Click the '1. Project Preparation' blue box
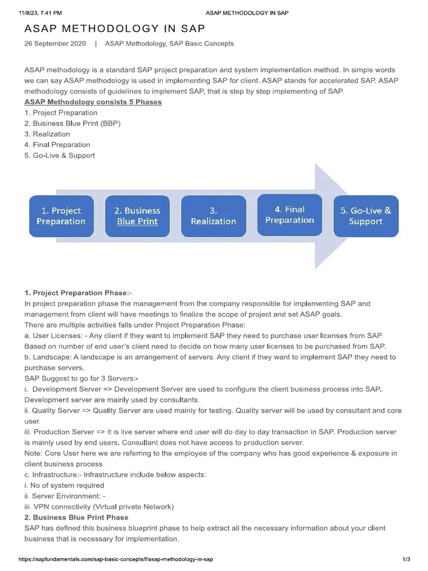[61, 216]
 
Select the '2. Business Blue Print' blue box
[137, 216]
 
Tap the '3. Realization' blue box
[213, 216]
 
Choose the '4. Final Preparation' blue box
[289, 215]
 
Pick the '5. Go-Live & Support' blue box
[366, 216]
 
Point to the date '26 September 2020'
[55, 43]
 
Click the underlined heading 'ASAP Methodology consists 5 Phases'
[93, 102]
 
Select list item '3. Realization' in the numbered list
[47, 134]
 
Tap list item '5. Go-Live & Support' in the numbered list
[60, 156]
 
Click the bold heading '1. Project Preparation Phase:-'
[78, 293]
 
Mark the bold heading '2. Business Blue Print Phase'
[76, 517]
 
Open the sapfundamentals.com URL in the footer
[116, 559]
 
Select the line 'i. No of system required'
[64, 485]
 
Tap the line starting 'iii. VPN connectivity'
[99, 507]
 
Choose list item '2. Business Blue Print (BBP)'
[72, 123]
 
